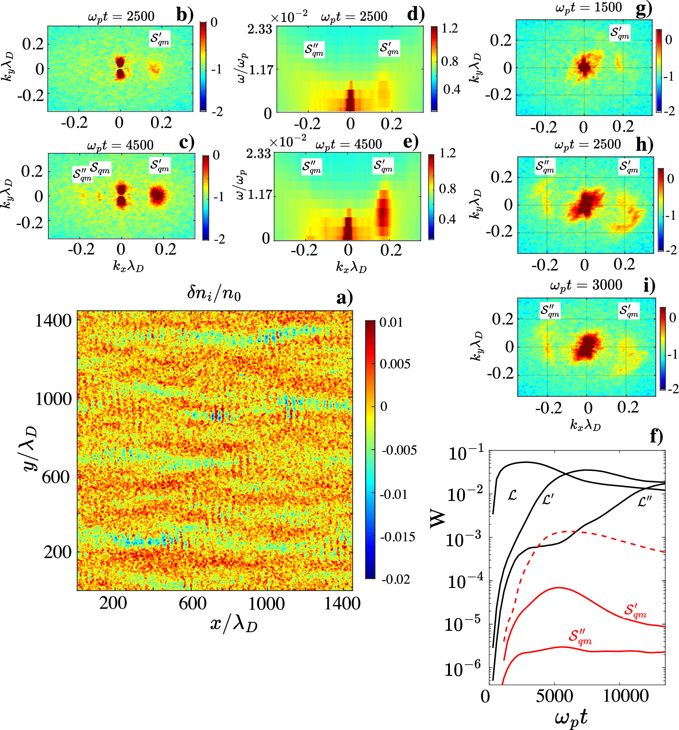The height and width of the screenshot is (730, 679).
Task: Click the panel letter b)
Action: pos(185,15)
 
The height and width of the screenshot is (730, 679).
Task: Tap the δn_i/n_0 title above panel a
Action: pos(214,293)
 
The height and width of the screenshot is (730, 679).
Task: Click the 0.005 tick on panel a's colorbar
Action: pos(395,364)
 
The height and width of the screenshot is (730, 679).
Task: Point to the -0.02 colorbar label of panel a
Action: pos(396,579)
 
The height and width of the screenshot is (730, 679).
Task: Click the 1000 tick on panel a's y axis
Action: pos(53,399)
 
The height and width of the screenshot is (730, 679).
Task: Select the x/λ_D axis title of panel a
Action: pos(234,624)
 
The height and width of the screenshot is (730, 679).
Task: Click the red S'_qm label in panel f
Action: pos(635,611)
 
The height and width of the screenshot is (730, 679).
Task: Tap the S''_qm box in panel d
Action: pos(314,50)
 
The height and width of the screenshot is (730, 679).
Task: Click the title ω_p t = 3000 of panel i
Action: pos(586,285)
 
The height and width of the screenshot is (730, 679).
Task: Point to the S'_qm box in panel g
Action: pos(620,33)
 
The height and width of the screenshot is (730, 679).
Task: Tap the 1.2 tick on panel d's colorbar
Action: pos(450,28)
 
